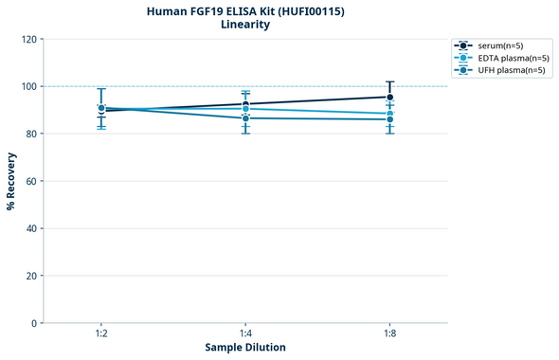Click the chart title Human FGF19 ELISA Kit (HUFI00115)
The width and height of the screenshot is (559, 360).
(245, 10)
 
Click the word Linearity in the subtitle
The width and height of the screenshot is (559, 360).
(245, 25)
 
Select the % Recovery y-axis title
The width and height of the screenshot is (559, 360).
(11, 180)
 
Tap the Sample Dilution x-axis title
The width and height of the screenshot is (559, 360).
(245, 347)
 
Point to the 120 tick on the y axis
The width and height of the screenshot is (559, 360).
(27, 39)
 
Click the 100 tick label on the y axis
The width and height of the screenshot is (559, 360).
(27, 86)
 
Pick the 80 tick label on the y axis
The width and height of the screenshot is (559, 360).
(30, 134)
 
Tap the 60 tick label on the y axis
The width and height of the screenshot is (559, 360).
(30, 181)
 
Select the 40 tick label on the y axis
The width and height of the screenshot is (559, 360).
(30, 228)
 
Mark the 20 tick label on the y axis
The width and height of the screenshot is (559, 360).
(30, 276)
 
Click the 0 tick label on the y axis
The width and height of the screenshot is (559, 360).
(33, 323)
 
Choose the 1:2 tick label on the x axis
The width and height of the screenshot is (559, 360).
(101, 333)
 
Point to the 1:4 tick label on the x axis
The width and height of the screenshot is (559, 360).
(245, 333)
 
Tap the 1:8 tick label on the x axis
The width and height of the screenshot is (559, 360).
(389, 333)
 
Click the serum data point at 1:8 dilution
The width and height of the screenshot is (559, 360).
(389, 97)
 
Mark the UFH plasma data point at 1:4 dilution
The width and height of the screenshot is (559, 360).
(245, 117)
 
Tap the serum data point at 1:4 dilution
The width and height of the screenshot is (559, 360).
(245, 103)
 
